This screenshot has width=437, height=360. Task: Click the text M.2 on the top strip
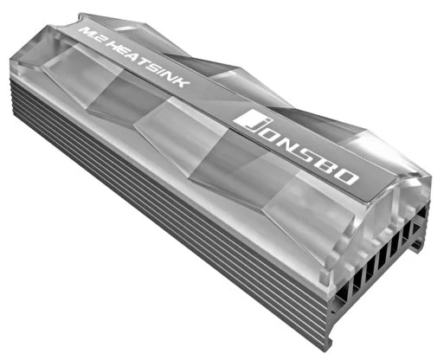(92, 33)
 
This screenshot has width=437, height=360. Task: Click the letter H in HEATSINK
(113, 44)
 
